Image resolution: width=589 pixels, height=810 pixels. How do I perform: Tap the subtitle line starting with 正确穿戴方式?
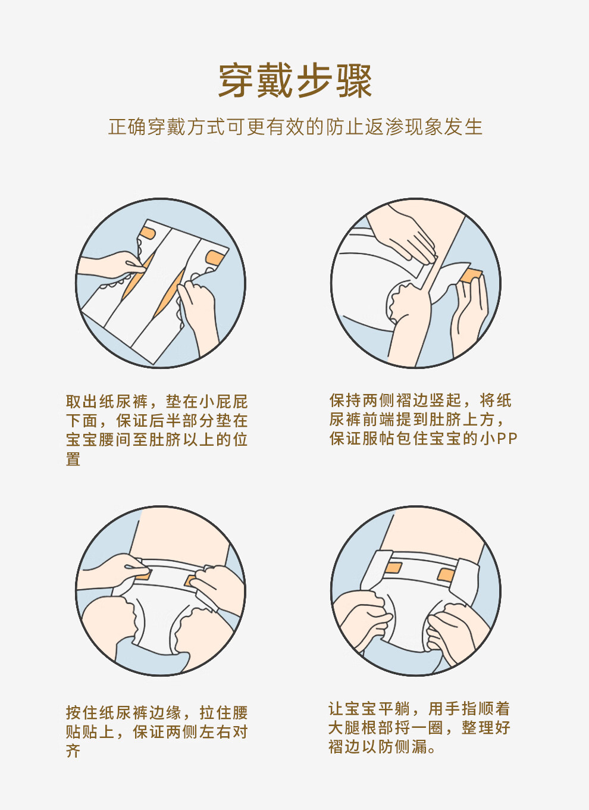click(296, 127)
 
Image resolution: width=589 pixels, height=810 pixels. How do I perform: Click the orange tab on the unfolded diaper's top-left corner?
click(148, 233)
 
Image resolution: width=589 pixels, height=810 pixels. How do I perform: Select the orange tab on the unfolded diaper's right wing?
click(214, 258)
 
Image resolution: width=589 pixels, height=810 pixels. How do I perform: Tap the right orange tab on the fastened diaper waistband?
click(446, 574)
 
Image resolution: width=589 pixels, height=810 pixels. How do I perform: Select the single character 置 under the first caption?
click(73, 459)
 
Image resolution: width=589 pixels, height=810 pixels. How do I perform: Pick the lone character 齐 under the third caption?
click(73, 752)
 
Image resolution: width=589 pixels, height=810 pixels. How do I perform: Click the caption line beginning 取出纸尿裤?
click(156, 402)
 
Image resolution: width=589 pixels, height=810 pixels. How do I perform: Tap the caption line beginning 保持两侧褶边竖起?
click(420, 401)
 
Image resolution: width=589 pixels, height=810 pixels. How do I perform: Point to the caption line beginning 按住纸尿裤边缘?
click(156, 713)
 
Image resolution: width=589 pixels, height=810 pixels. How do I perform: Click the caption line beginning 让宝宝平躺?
click(419, 709)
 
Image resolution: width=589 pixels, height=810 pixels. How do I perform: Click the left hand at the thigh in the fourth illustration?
click(364, 620)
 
